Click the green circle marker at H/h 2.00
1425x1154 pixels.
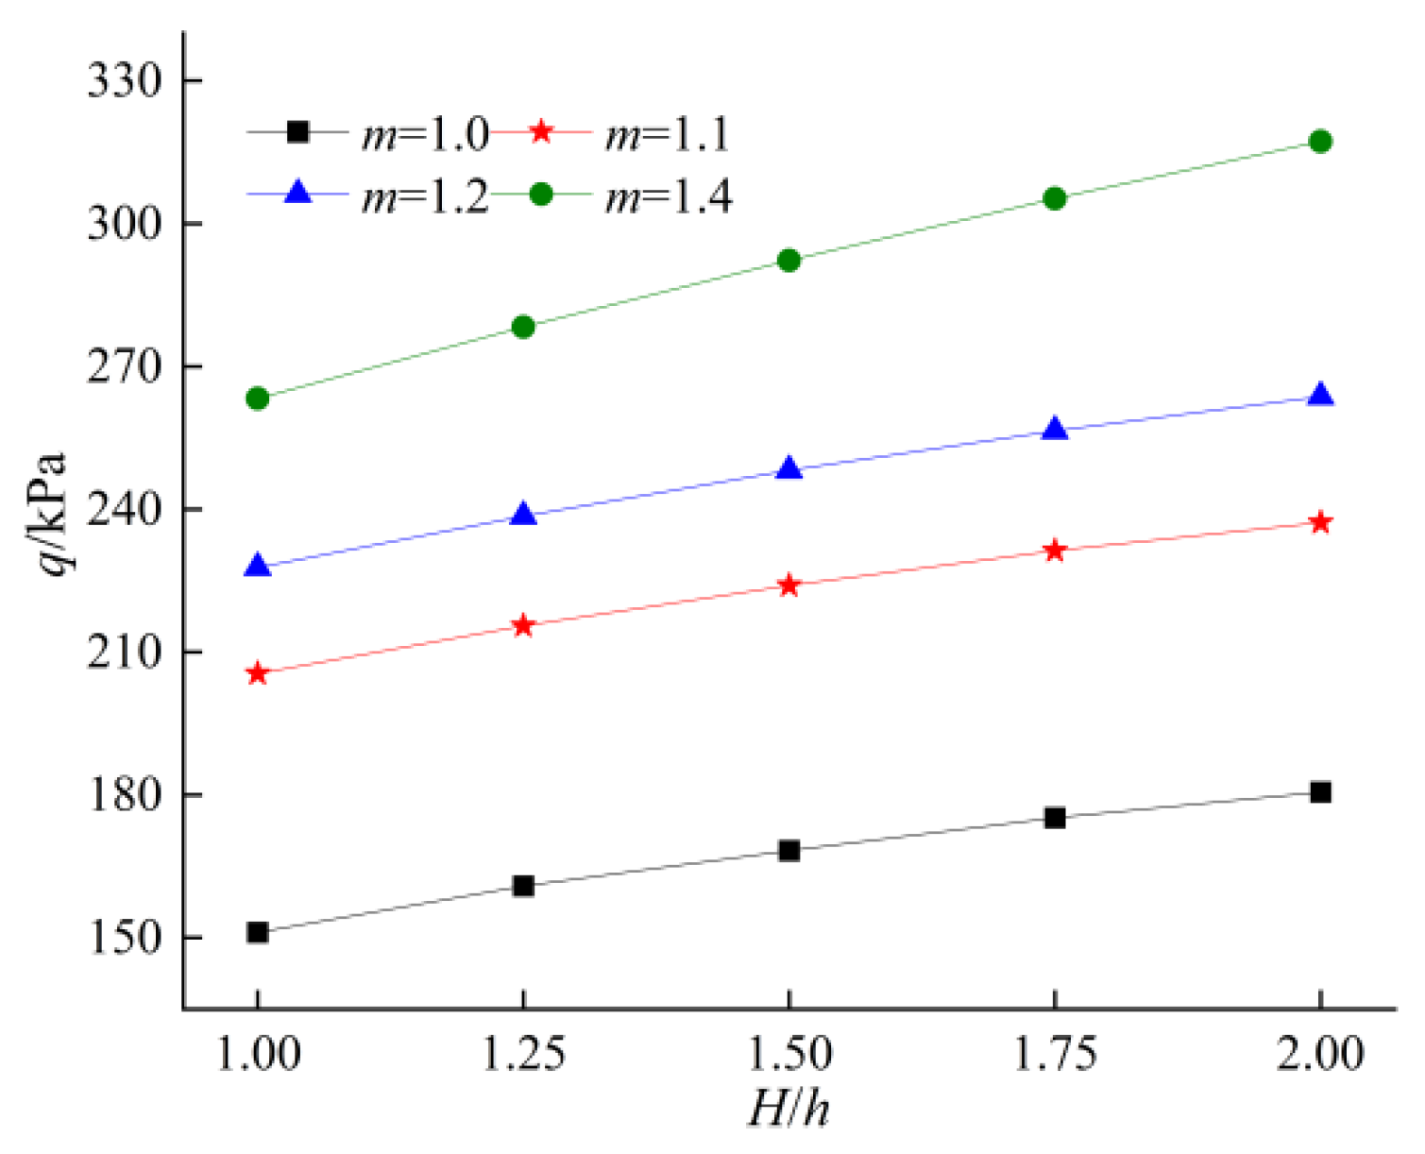point(1320,142)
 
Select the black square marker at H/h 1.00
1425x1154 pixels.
point(257,933)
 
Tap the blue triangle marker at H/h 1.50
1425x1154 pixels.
point(789,469)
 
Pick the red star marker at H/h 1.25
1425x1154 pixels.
point(523,626)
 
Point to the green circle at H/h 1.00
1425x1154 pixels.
point(257,399)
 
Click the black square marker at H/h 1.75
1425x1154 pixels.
point(1055,818)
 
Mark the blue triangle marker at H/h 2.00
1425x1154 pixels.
point(1320,396)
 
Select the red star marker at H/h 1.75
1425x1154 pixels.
point(1055,551)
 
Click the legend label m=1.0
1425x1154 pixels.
point(425,135)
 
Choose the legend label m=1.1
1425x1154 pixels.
point(668,135)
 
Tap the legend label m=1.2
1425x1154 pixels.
point(425,196)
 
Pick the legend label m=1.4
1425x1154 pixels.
point(668,196)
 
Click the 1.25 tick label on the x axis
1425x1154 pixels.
point(523,1054)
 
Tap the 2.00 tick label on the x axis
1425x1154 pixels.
point(1320,1054)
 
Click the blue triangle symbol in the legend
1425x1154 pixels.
point(297,193)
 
